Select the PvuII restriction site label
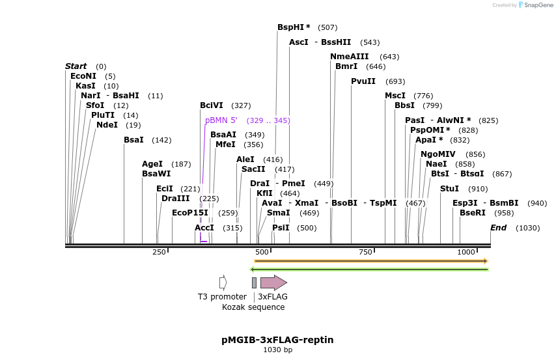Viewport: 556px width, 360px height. point(363,81)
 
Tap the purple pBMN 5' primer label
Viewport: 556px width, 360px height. point(221,120)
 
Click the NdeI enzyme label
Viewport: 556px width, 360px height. point(107,125)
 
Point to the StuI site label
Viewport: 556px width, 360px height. point(449,189)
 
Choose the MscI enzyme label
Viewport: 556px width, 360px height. point(395,96)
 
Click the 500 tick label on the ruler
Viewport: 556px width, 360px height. point(262,253)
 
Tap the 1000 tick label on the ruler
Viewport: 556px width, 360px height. point(466,253)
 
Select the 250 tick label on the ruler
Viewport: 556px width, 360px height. point(159,253)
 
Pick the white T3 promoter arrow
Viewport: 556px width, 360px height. point(223,283)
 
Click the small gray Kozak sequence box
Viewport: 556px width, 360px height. point(254,283)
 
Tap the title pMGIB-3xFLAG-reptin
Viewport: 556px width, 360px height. point(277,340)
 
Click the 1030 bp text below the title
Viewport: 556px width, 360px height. point(277,350)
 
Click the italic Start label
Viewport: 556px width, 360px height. point(76,66)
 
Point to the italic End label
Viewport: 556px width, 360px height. point(498,228)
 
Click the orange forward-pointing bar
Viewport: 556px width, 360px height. point(370,261)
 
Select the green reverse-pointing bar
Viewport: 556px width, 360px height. point(369,270)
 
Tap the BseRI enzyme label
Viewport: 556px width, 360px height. point(473,213)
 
